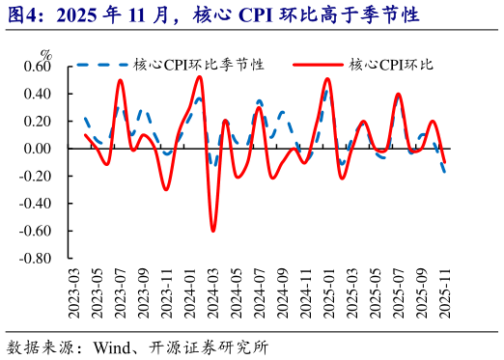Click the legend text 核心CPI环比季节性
[x=199, y=65]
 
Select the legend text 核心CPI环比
[x=391, y=65]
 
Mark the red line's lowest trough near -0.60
[x=213, y=231]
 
